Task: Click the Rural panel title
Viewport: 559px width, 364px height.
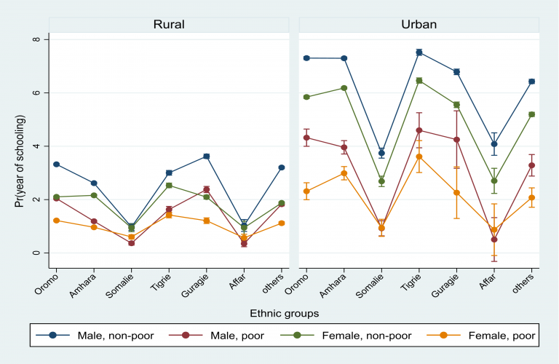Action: point(168,24)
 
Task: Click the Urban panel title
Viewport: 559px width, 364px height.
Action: point(419,24)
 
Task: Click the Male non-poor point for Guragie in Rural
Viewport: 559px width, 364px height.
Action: point(206,157)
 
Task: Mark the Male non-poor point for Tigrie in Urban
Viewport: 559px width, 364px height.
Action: point(419,52)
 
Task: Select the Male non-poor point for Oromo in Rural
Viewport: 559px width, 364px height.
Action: point(56,165)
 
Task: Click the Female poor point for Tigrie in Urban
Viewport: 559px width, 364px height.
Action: point(419,157)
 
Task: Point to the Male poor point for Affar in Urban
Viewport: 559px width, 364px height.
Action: point(494,240)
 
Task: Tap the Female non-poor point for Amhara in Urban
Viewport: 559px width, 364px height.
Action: point(344,88)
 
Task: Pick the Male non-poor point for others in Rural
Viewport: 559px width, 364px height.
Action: point(281,167)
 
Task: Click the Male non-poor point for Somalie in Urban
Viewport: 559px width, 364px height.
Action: point(381,153)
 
